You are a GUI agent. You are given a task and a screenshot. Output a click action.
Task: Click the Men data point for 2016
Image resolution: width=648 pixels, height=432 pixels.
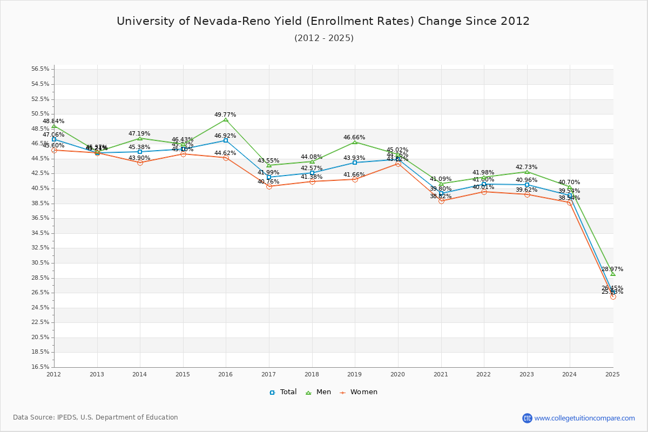pyautogui.click(x=226, y=119)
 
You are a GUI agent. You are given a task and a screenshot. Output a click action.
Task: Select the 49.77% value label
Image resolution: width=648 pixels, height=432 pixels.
pyautogui.click(x=225, y=115)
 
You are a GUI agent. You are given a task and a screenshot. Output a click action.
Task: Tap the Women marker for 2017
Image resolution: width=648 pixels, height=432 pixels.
pyautogui.click(x=269, y=186)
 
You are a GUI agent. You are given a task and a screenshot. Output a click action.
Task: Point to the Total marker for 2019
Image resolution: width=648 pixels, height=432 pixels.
pyautogui.click(x=355, y=163)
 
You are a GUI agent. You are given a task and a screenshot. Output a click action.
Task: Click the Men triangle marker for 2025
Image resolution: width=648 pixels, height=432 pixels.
pyautogui.click(x=613, y=274)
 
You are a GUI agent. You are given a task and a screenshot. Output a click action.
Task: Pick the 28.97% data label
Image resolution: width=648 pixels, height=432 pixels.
pyautogui.click(x=612, y=269)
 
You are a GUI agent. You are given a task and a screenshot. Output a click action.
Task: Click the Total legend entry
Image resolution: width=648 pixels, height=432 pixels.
pyautogui.click(x=283, y=392)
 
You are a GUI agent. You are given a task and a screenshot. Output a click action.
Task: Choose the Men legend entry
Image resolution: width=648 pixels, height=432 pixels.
pyautogui.click(x=319, y=392)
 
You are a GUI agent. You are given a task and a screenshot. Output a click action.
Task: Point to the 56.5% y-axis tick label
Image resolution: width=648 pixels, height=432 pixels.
pyautogui.click(x=40, y=69)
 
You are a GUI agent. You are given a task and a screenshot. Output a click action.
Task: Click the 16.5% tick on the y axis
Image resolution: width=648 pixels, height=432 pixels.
pyautogui.click(x=40, y=367)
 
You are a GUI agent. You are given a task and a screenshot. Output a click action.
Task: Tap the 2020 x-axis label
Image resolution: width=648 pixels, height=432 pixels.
pyautogui.click(x=398, y=374)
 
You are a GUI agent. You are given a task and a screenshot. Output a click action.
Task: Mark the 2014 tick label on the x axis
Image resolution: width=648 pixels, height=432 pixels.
pyautogui.click(x=140, y=374)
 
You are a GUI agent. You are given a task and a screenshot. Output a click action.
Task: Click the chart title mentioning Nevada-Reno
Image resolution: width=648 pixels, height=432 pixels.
pyautogui.click(x=323, y=21)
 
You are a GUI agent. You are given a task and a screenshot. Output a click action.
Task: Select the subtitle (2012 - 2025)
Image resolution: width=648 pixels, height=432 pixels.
pyautogui.click(x=323, y=38)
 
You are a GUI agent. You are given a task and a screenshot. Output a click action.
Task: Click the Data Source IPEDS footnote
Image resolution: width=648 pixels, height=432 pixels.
pyautogui.click(x=96, y=417)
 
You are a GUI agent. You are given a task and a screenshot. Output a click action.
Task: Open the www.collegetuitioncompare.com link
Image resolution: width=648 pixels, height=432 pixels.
pyautogui.click(x=585, y=418)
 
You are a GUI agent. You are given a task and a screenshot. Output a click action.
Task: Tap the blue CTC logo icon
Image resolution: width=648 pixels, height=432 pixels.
pyautogui.click(x=527, y=418)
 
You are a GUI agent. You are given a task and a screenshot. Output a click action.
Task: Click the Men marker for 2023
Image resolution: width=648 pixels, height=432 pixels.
pyautogui.click(x=527, y=172)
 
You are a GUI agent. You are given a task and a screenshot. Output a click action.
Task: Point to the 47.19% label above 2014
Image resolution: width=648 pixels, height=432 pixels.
pyautogui.click(x=139, y=133)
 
